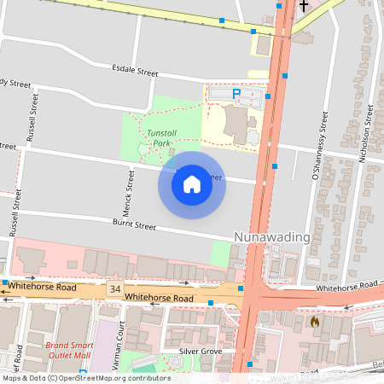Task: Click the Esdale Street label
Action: click(x=135, y=73)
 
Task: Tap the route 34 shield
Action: click(x=114, y=290)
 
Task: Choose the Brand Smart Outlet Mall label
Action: click(x=67, y=350)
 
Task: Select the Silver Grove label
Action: click(x=201, y=351)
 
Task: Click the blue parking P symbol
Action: click(x=236, y=93)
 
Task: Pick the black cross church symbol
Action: click(x=303, y=7)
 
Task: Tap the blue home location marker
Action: click(x=192, y=184)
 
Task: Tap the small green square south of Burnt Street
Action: click(x=220, y=253)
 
